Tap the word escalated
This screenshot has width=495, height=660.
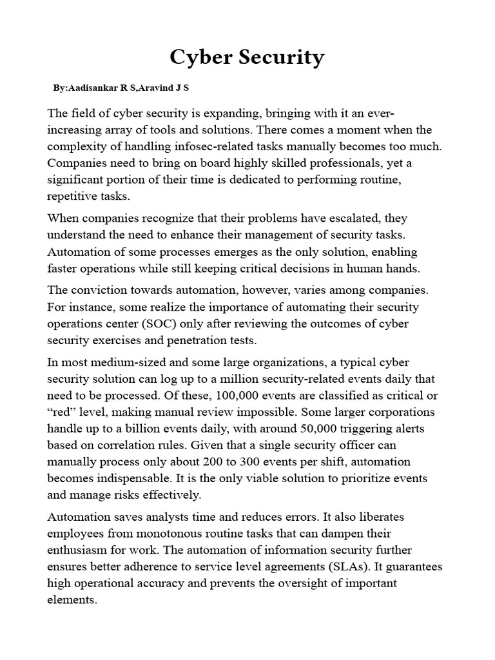346,218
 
